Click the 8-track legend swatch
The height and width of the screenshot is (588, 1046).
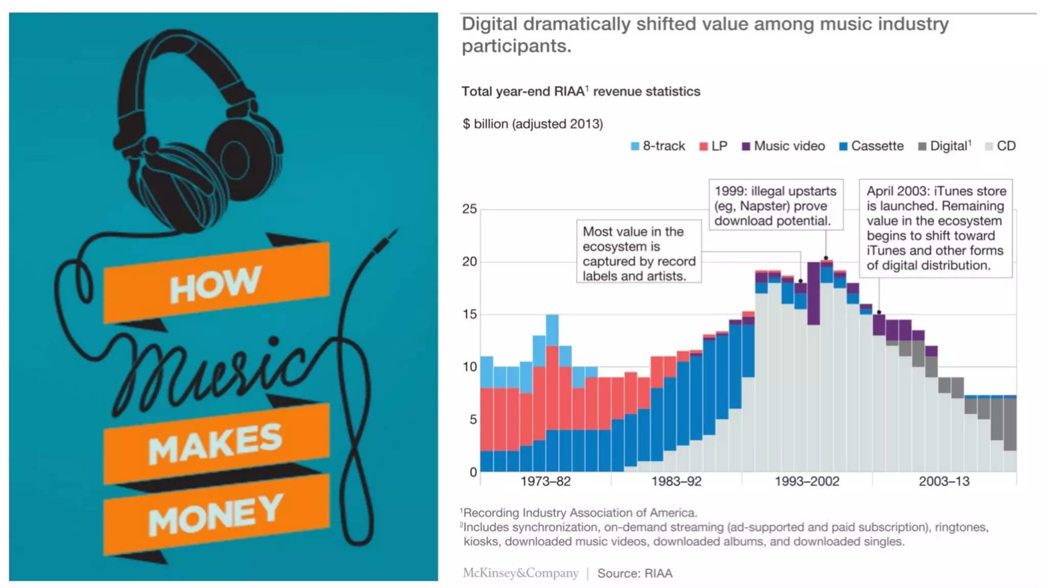pyautogui.click(x=635, y=146)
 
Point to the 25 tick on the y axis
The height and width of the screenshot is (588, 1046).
pyautogui.click(x=469, y=209)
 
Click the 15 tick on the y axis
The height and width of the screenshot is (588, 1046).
pyautogui.click(x=469, y=314)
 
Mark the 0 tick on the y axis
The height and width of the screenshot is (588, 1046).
pyautogui.click(x=473, y=472)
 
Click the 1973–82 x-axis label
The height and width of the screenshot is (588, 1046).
pyautogui.click(x=545, y=481)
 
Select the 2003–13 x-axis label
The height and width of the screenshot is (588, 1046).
pyautogui.click(x=944, y=481)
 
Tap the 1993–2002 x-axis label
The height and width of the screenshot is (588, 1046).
pyautogui.click(x=807, y=481)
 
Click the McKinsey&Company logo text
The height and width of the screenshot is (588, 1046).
pyautogui.click(x=520, y=573)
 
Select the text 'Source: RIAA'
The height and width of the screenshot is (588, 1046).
pyautogui.click(x=635, y=574)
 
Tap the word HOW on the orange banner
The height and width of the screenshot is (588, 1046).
pyautogui.click(x=216, y=284)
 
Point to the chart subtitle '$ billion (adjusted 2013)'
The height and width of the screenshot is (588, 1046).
pyautogui.click(x=533, y=124)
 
